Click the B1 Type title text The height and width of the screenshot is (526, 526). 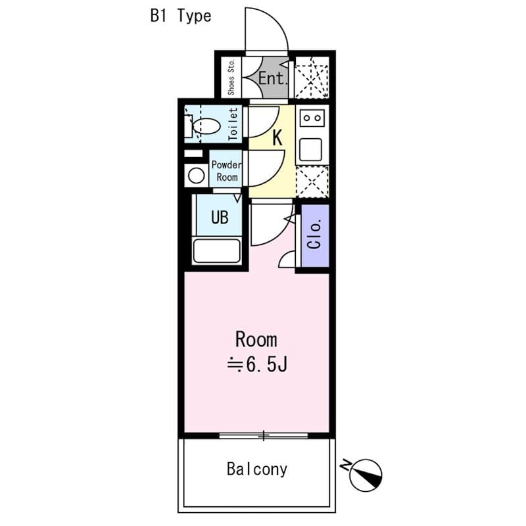point(181,16)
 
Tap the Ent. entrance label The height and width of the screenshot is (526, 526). point(273,78)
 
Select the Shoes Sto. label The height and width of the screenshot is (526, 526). point(231,78)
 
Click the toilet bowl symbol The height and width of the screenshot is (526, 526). point(206,126)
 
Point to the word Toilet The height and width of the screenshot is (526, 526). point(233,124)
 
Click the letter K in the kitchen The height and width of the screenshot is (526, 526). point(277,137)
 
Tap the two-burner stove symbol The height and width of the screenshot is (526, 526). point(312,118)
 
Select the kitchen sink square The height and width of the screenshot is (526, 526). point(310,149)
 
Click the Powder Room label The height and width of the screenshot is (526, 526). point(227,171)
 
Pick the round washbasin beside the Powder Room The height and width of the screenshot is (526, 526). point(196,176)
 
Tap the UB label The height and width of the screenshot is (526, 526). point(220,217)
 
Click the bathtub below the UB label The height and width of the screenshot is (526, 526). point(217,251)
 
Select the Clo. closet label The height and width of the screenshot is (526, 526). point(315,234)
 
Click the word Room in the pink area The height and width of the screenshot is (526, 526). point(256,339)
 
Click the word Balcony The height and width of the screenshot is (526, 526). point(257,469)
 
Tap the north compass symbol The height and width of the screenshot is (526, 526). point(366,475)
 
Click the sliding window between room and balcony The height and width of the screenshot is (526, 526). point(264,436)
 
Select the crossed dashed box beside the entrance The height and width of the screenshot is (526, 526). point(312,78)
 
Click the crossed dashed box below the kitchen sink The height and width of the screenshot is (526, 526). point(312,181)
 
